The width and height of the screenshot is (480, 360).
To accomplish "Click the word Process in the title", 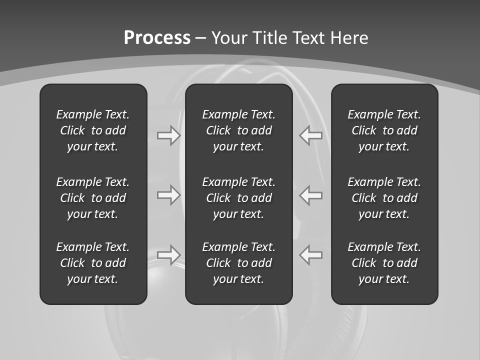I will click(157, 38).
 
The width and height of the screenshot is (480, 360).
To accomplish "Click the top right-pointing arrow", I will click(169, 135).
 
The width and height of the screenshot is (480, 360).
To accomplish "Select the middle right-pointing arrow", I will click(169, 195).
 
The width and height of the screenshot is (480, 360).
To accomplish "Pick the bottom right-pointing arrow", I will click(169, 255).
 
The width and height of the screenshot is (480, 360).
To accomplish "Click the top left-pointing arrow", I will click(310, 135).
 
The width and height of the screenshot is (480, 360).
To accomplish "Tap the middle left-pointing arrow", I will click(310, 195).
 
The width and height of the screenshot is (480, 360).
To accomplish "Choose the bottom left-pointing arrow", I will click(310, 255).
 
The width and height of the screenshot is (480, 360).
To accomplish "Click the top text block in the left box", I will click(93, 130).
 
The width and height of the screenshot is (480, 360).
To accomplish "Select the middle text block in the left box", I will click(93, 198).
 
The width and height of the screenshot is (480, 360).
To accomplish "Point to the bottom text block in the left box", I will click(93, 263).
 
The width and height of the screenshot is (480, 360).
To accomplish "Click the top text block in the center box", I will click(238, 130).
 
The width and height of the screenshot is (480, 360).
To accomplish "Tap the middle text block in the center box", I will click(238, 198).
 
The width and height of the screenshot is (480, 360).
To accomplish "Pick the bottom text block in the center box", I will click(238, 263).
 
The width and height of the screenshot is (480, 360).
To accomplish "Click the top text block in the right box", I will click(384, 130).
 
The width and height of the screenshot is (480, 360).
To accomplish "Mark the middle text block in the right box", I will click(384, 198).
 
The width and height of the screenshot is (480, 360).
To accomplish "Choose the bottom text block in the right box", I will click(384, 263).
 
